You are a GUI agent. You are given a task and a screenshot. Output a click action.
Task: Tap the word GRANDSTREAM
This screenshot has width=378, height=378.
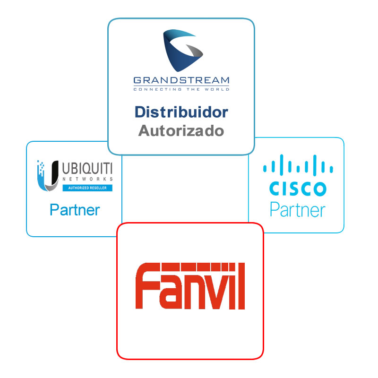pyautogui.click(x=181, y=80)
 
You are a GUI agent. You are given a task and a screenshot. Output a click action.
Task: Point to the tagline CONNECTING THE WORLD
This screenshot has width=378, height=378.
pyautogui.click(x=181, y=89)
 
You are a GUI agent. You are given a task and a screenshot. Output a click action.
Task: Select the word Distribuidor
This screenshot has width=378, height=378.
pyautogui.click(x=181, y=112)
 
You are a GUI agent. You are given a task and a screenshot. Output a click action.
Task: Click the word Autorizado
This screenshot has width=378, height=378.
pyautogui.click(x=181, y=131)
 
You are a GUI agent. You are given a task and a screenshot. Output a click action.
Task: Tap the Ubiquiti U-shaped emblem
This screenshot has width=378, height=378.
pyautogui.click(x=48, y=175)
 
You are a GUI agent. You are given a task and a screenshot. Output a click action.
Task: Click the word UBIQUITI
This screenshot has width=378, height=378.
pyautogui.click(x=87, y=168)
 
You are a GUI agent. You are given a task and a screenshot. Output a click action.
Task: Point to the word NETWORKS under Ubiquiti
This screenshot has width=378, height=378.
pyautogui.click(x=87, y=179)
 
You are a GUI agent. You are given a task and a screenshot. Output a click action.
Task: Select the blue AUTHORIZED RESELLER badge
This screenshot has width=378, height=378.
pyautogui.click(x=87, y=188)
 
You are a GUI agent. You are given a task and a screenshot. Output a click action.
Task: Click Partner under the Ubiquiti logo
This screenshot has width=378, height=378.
pyautogui.click(x=75, y=210)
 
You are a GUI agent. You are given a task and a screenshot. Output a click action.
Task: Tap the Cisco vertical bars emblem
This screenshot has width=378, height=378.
pyautogui.click(x=298, y=165)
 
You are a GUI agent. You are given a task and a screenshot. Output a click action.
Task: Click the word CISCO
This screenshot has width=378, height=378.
pyautogui.click(x=298, y=189)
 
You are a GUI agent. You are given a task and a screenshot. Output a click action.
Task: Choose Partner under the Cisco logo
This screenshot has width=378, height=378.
pyautogui.click(x=298, y=210)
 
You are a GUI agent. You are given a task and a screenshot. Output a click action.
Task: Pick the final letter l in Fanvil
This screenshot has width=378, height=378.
pyautogui.click(x=241, y=286)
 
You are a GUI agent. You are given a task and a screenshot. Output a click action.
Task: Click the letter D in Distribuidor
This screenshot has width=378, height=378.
pyautogui.click(x=140, y=112)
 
